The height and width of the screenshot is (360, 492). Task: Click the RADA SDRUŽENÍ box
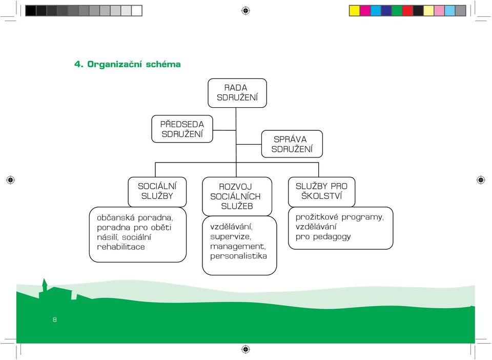(237, 93)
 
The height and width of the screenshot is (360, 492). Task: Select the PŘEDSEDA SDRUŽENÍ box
(182, 129)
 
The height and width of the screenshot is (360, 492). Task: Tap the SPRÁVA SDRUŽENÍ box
(292, 144)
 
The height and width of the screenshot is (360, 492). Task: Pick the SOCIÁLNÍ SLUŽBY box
(157, 192)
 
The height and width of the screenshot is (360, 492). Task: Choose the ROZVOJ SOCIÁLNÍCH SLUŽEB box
(237, 196)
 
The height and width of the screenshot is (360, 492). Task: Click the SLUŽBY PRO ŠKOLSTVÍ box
(322, 192)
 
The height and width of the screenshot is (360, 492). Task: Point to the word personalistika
(238, 256)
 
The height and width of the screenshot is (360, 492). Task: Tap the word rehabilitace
(121, 247)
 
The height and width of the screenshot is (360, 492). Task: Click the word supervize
(230, 237)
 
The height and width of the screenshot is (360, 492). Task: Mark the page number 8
(55, 319)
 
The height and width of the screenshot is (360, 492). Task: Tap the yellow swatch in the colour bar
(355, 11)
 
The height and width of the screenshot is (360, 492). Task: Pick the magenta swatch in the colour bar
(365, 11)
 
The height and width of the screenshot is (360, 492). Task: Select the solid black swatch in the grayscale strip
(31, 11)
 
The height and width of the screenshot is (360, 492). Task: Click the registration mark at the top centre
(245, 11)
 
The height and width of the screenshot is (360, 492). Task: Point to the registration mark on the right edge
(481, 180)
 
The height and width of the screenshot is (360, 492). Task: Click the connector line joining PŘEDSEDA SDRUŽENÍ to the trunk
(224, 130)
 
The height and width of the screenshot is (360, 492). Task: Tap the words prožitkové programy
(339, 217)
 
